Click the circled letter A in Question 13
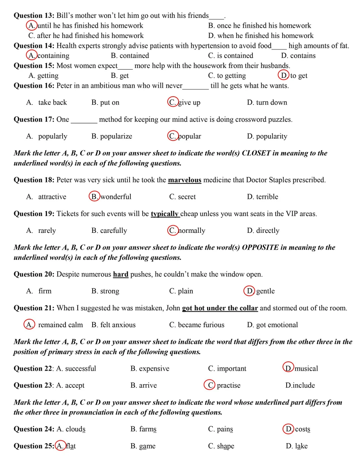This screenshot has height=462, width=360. tap(32, 26)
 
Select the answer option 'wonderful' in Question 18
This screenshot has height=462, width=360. tap(116, 197)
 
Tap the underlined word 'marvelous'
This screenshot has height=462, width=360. tap(184, 180)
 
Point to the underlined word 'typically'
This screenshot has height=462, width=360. tap(165, 214)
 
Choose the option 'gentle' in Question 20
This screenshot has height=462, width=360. tap(265, 291)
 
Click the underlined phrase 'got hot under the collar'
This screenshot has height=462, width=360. tap(220, 308)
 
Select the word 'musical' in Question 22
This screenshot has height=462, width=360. tap(306, 369)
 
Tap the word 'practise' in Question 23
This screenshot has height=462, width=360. tap(229, 386)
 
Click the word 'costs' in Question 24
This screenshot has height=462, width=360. tap(302, 429)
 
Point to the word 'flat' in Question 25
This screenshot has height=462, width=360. tap(71, 446)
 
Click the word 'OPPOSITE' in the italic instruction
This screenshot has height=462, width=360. tap(260, 248)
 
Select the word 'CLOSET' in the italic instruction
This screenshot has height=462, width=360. tap(256, 153)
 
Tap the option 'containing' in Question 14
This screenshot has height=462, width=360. tap(54, 56)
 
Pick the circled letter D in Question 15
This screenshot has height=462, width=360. tap(284, 75)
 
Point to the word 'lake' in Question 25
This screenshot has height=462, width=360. tap(301, 446)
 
